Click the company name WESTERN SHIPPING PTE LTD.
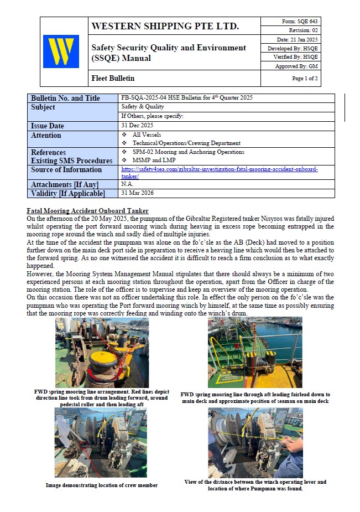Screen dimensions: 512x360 pos(165,26)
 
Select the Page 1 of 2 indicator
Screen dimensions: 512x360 pos(305,79)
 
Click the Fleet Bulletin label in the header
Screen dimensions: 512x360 pos(113,79)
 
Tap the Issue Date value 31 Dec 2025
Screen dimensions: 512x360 pos(137,126)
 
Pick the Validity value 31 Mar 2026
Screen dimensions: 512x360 pos(137,193)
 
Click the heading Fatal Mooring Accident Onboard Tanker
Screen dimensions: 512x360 pos(87,211)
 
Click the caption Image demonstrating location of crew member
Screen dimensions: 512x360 pos(101,485)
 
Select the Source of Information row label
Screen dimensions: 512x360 pos(66,170)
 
